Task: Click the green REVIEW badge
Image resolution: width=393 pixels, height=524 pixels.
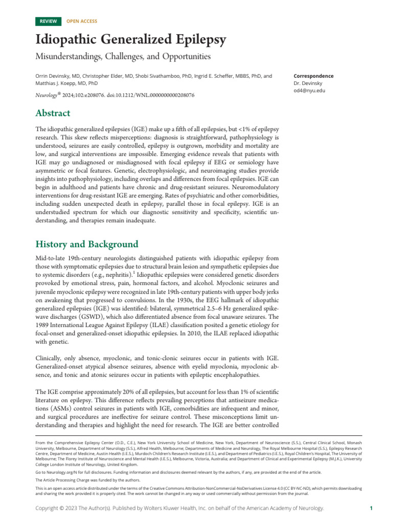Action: click(x=49, y=21)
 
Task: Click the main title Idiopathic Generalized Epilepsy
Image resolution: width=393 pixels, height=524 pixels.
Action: click(x=130, y=40)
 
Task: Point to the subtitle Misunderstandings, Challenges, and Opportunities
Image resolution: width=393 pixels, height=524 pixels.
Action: click(x=123, y=56)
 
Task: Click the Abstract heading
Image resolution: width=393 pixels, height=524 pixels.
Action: click(x=53, y=113)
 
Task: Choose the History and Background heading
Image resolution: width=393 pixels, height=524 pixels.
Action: click(x=86, y=244)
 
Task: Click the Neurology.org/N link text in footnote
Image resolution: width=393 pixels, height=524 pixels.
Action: click(x=57, y=472)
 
